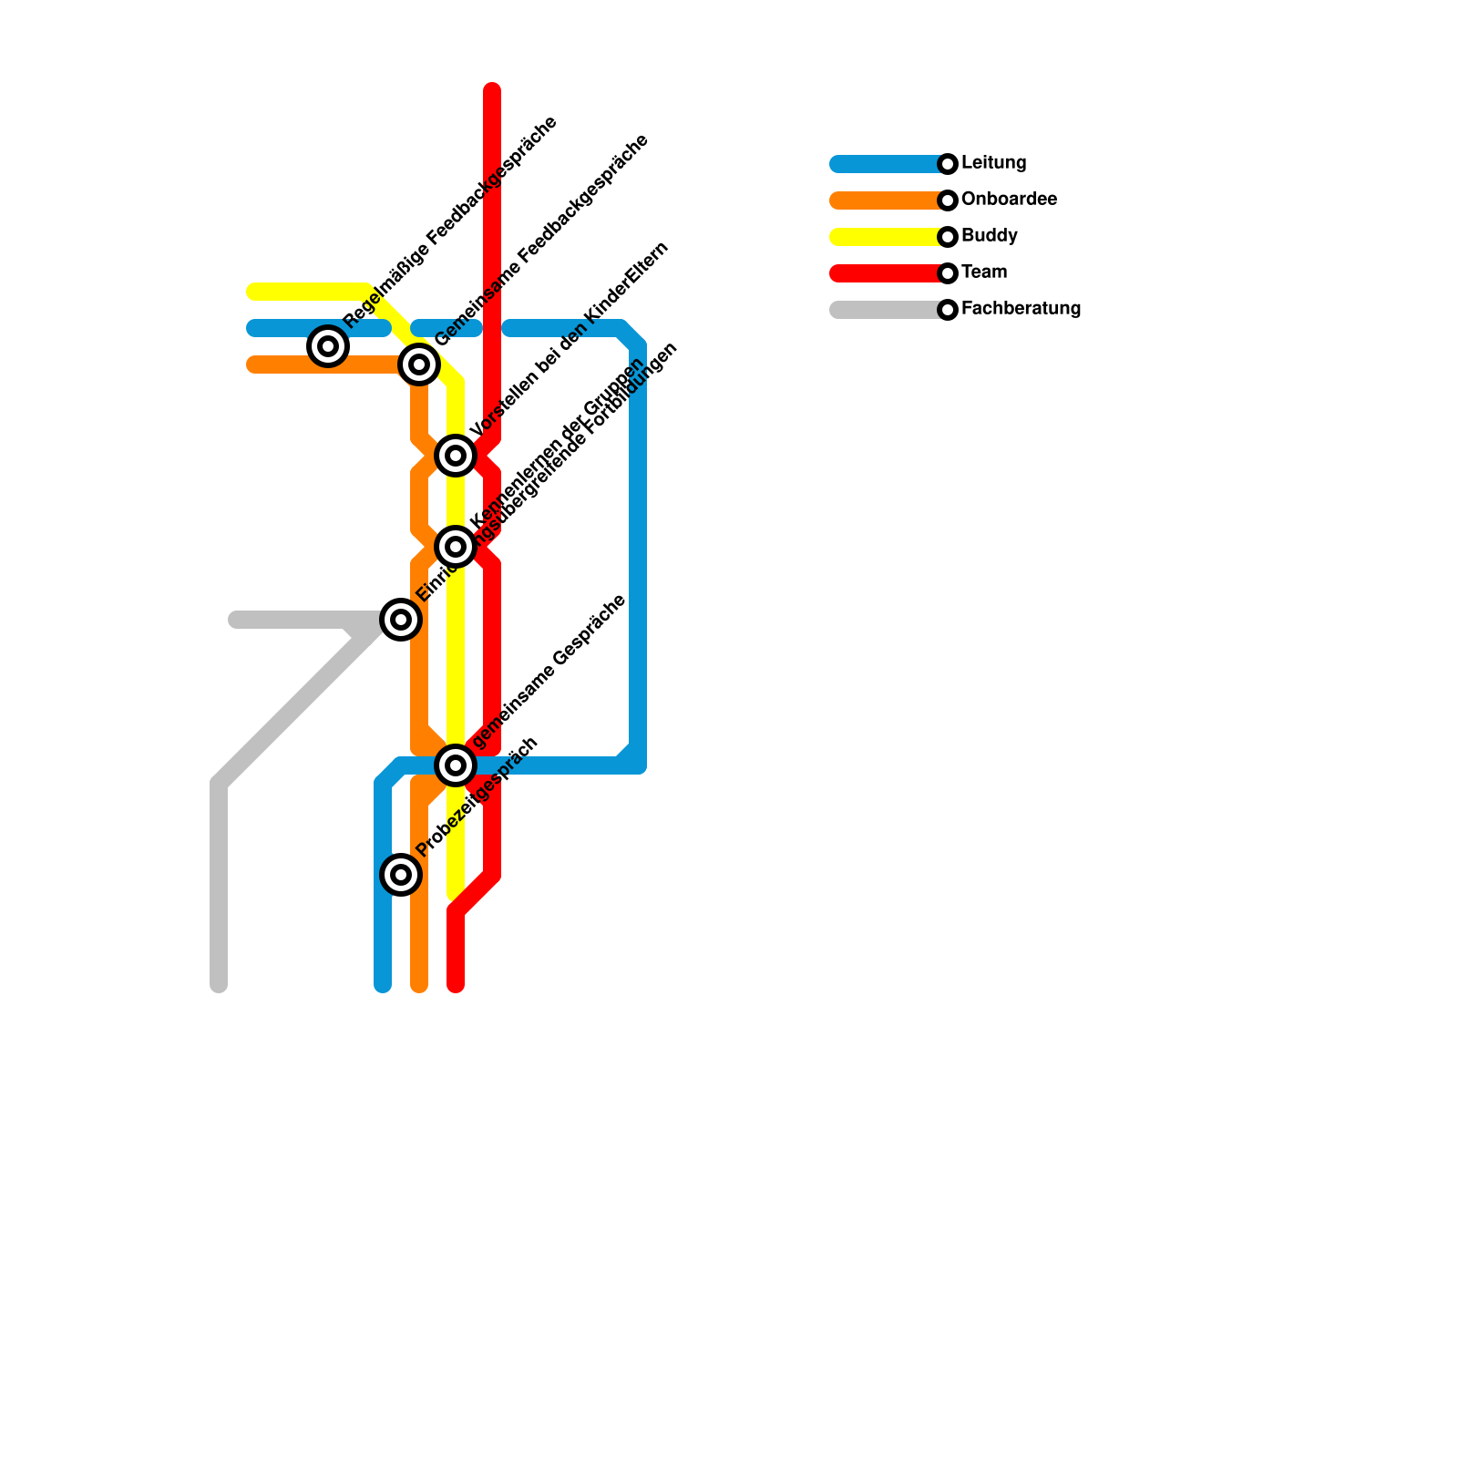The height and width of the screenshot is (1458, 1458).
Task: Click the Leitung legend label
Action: click(x=993, y=163)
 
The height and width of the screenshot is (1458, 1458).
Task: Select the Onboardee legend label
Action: click(x=1009, y=200)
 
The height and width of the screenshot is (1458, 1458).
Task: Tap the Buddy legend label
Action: click(x=989, y=236)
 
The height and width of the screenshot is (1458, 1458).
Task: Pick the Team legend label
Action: click(x=984, y=272)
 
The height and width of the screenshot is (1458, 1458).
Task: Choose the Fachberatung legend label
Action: click(x=1021, y=309)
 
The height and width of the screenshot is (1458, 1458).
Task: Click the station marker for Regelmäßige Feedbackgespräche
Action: click(x=328, y=346)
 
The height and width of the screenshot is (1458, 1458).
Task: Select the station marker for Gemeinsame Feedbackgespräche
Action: click(x=419, y=364)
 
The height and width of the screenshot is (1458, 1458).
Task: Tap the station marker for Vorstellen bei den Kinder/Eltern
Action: click(x=456, y=455)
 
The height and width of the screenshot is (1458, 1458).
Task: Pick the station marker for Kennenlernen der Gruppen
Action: click(x=456, y=547)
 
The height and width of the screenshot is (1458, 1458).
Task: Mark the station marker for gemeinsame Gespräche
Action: click(x=456, y=765)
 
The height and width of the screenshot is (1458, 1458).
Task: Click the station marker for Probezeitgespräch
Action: click(x=401, y=875)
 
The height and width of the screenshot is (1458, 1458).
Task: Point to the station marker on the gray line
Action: click(x=401, y=620)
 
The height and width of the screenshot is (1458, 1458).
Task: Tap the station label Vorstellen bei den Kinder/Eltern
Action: click(x=570, y=338)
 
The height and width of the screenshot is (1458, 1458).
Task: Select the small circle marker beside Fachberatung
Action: click(x=948, y=310)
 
